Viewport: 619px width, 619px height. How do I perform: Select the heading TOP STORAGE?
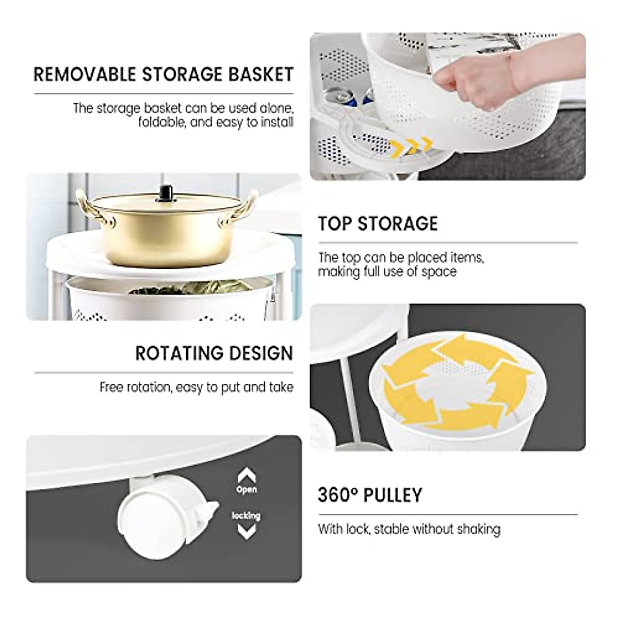pos(378,224)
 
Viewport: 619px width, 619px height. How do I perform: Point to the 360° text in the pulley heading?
pos(338,495)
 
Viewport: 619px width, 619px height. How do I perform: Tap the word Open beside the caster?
pos(247,490)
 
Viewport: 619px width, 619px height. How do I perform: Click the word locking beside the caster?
pos(247,515)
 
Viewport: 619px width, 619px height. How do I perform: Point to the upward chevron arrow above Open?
pos(247,474)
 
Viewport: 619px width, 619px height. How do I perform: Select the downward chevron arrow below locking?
pos(247,531)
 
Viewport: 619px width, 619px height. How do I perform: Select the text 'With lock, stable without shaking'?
pos(409,529)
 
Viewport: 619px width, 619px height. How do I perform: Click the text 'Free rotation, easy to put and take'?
pos(197,387)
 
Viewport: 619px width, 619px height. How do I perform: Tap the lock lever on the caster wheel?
pos(209,511)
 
